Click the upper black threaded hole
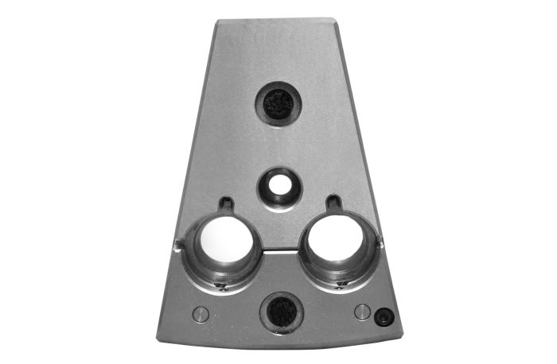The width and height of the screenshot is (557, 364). pos(278,104)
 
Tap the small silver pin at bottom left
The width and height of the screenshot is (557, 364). pos(201,312)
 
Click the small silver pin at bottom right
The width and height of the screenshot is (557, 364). pos(362,311)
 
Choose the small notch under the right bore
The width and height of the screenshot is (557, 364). pos(341,284)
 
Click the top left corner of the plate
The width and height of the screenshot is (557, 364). pos(216,21)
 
